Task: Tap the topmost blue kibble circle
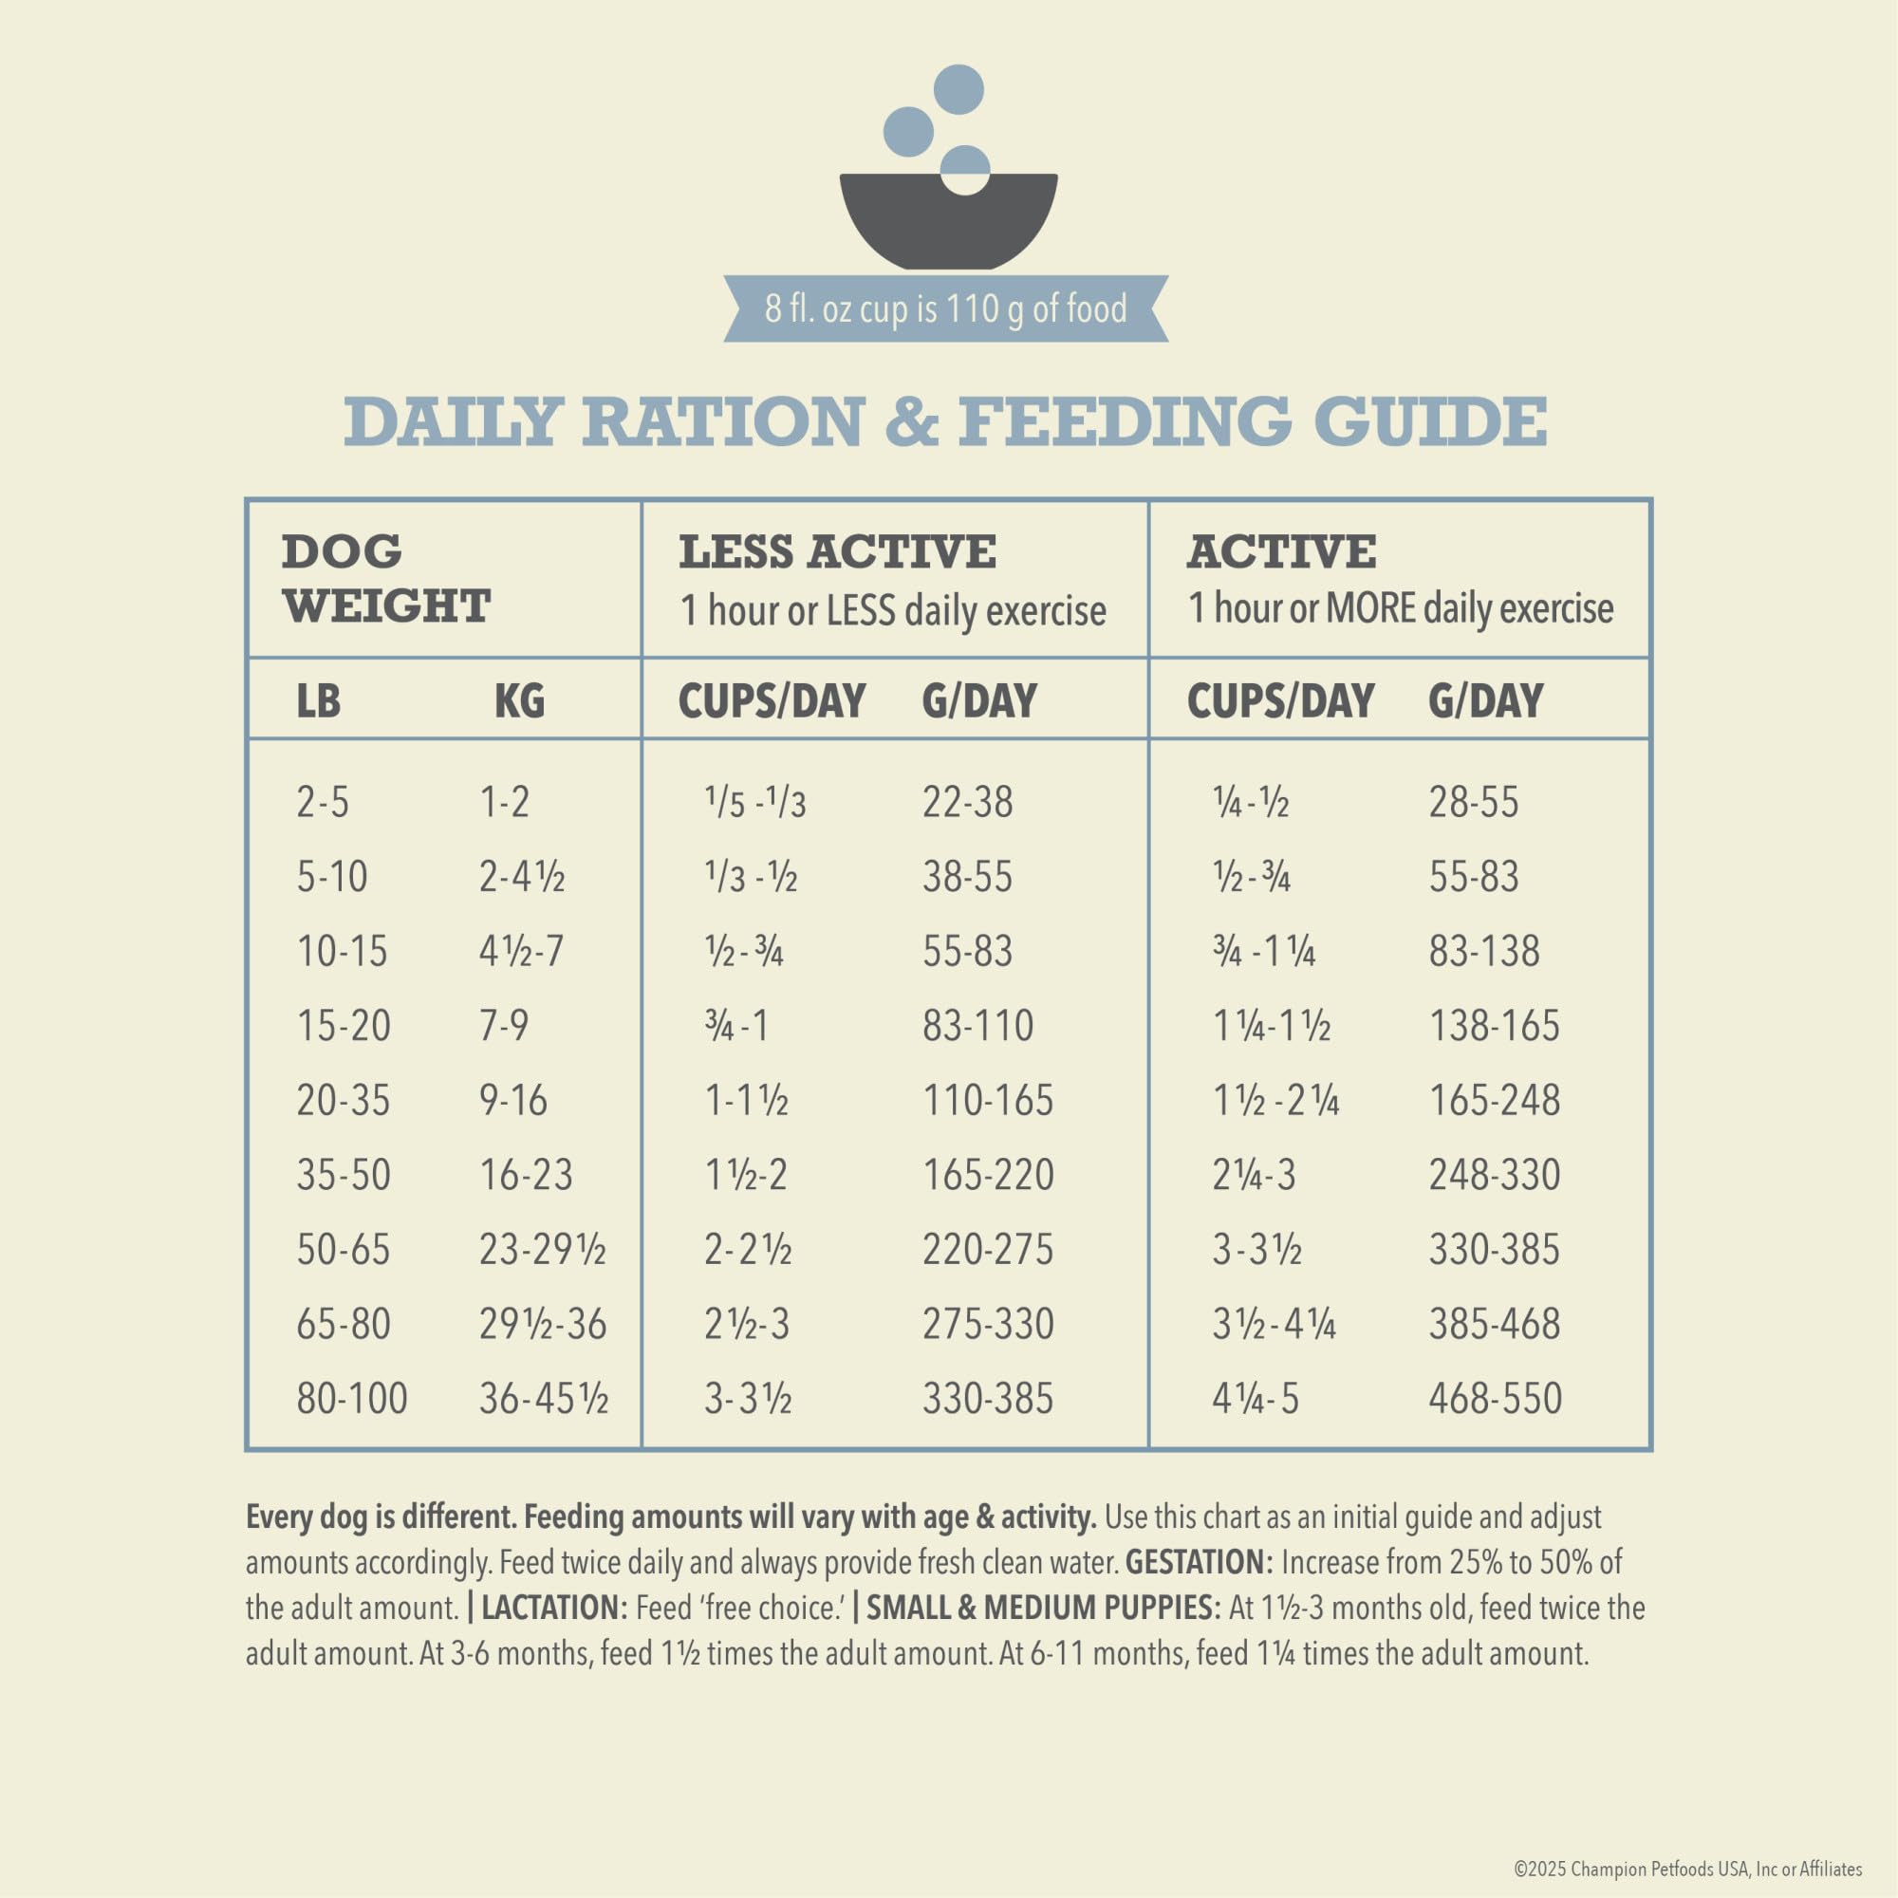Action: (x=958, y=89)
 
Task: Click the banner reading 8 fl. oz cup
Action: (x=946, y=308)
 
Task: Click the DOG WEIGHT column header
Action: (x=386, y=579)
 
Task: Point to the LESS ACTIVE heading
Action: (x=837, y=552)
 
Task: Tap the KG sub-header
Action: (x=519, y=701)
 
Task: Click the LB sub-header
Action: (x=318, y=701)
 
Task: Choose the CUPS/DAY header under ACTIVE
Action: (x=1280, y=701)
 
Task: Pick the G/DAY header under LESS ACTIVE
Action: (x=978, y=701)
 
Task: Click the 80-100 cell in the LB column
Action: (x=352, y=1399)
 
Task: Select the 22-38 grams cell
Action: (x=967, y=802)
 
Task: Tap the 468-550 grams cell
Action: (x=1495, y=1399)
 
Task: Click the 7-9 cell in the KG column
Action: (x=504, y=1026)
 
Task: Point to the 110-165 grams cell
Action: (x=987, y=1100)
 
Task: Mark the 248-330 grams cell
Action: (x=1495, y=1175)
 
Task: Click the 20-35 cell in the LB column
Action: (x=343, y=1100)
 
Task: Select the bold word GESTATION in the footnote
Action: (x=1200, y=1562)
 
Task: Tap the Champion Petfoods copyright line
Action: (x=1687, y=1869)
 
